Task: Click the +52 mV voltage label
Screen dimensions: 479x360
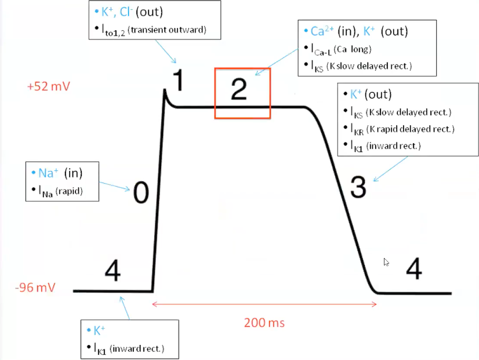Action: click(x=49, y=87)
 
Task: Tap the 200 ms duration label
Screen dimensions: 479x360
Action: click(x=263, y=323)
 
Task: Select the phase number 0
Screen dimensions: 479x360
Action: click(x=141, y=192)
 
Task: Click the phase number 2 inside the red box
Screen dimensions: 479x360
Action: click(x=238, y=88)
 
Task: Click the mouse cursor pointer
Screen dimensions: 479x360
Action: click(x=386, y=262)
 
